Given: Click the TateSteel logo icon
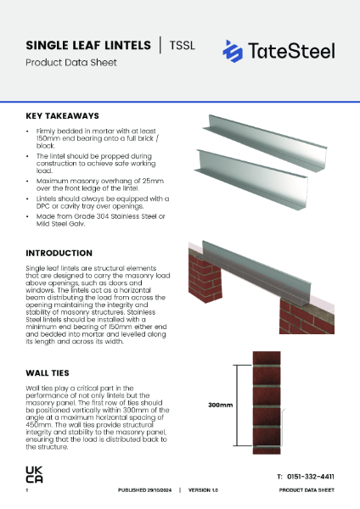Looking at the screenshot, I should point(232,51).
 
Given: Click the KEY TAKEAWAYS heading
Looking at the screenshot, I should point(62,115).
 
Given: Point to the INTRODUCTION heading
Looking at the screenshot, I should point(59,253).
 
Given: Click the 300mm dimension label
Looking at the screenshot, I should point(221,406).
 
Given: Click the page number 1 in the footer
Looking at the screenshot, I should point(27,491).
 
